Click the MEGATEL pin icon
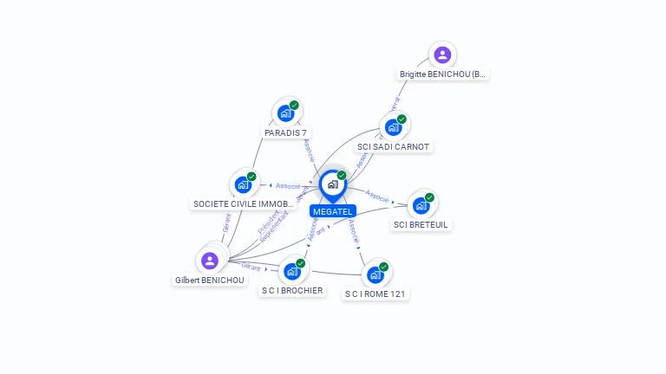coord(332,184)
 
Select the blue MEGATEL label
coord(332,211)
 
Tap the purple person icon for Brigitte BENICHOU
coord(442,55)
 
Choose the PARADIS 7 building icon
coord(284,113)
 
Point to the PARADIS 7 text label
coord(286,132)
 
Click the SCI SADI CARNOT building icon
coord(393,127)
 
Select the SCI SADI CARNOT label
coord(394,146)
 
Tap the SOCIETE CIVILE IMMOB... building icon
coord(243,184)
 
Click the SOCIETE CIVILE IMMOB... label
coord(244,204)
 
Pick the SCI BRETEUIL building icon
coord(421,205)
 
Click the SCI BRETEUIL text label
coord(422,225)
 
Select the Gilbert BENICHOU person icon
coord(209,260)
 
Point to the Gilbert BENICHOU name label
coord(210,280)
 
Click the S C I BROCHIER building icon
coord(292,271)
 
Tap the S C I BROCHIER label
coord(292,291)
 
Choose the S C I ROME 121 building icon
coord(375,274)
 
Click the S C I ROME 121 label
coord(375,294)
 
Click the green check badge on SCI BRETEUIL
coord(429,197)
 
